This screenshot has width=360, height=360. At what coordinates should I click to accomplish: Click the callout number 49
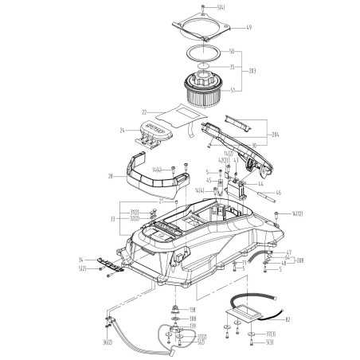coord(248,29)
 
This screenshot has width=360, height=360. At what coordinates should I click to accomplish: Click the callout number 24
coord(123,129)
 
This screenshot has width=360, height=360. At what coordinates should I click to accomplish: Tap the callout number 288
coord(298,260)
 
